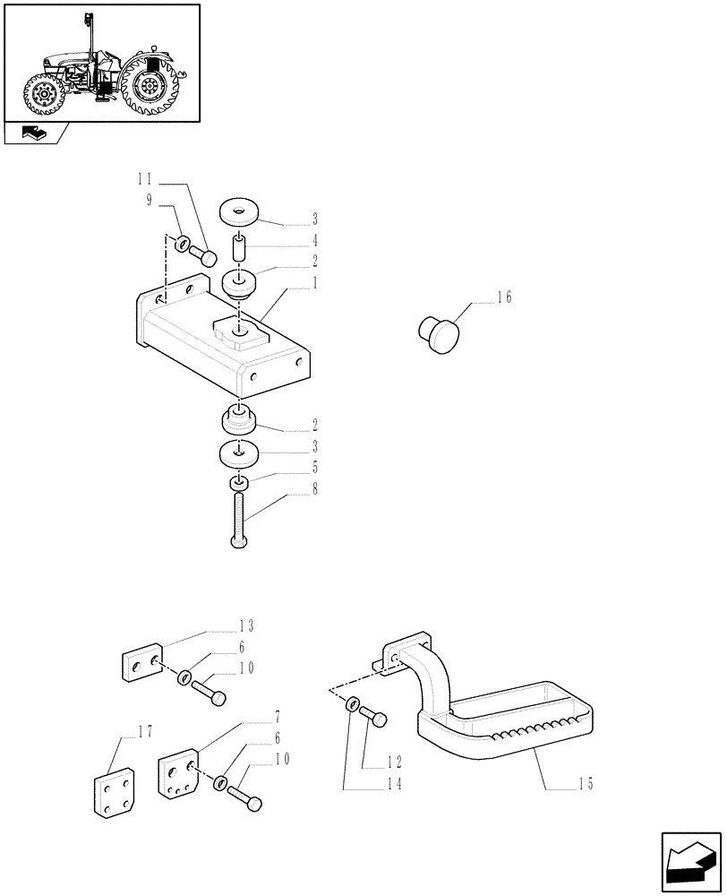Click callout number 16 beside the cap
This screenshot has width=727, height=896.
[x=504, y=298]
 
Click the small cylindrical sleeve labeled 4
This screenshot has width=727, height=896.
[x=240, y=246]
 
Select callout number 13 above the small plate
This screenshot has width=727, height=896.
[x=246, y=625]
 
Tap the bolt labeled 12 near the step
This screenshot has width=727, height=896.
[x=374, y=719]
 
